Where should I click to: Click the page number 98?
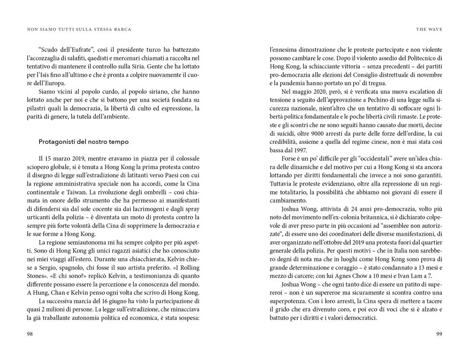click(30, 334)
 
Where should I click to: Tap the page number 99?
click(439, 334)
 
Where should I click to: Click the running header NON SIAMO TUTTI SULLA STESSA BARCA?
click(79, 29)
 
